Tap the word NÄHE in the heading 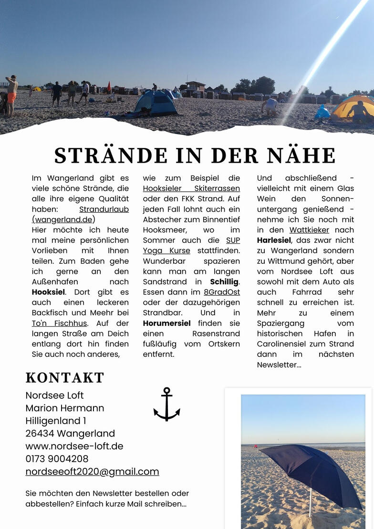pos(301,156)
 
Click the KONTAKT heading pos(64,378)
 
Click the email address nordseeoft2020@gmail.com pos(92,472)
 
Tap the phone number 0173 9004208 pos(57,459)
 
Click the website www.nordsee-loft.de pos(74,446)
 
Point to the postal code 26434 pos(41,434)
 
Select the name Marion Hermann pos(64,408)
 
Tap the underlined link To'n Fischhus pos(60,323)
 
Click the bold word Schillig pos(225,282)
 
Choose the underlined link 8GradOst pos(222,292)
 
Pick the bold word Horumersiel pos(167,323)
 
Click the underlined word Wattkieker pos(309,230)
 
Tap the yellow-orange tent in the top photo pos(353,107)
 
